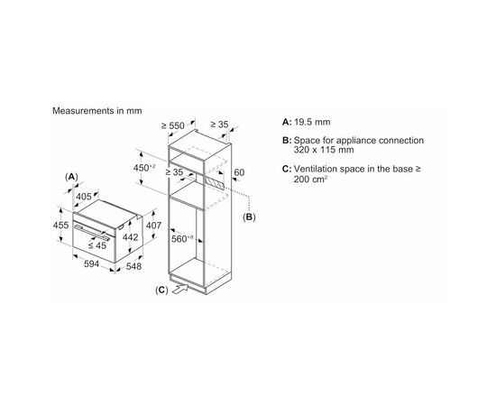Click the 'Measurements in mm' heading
click(x=97, y=111)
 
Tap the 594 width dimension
click(x=91, y=264)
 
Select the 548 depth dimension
click(x=133, y=266)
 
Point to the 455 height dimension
click(x=60, y=225)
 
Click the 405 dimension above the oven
click(x=84, y=197)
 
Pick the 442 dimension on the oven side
click(x=131, y=237)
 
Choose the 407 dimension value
click(x=153, y=226)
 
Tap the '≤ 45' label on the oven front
click(x=97, y=245)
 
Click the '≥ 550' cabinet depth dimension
click(x=173, y=125)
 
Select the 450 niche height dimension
click(x=144, y=168)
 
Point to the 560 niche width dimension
click(x=182, y=238)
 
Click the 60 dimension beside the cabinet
click(x=239, y=172)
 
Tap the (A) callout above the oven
click(x=71, y=177)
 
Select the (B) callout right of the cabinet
click(x=249, y=217)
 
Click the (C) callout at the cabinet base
click(x=161, y=290)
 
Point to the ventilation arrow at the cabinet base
click(x=179, y=290)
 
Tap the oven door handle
click(x=92, y=233)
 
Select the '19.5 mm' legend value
click(x=312, y=122)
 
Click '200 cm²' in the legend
click(x=310, y=180)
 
